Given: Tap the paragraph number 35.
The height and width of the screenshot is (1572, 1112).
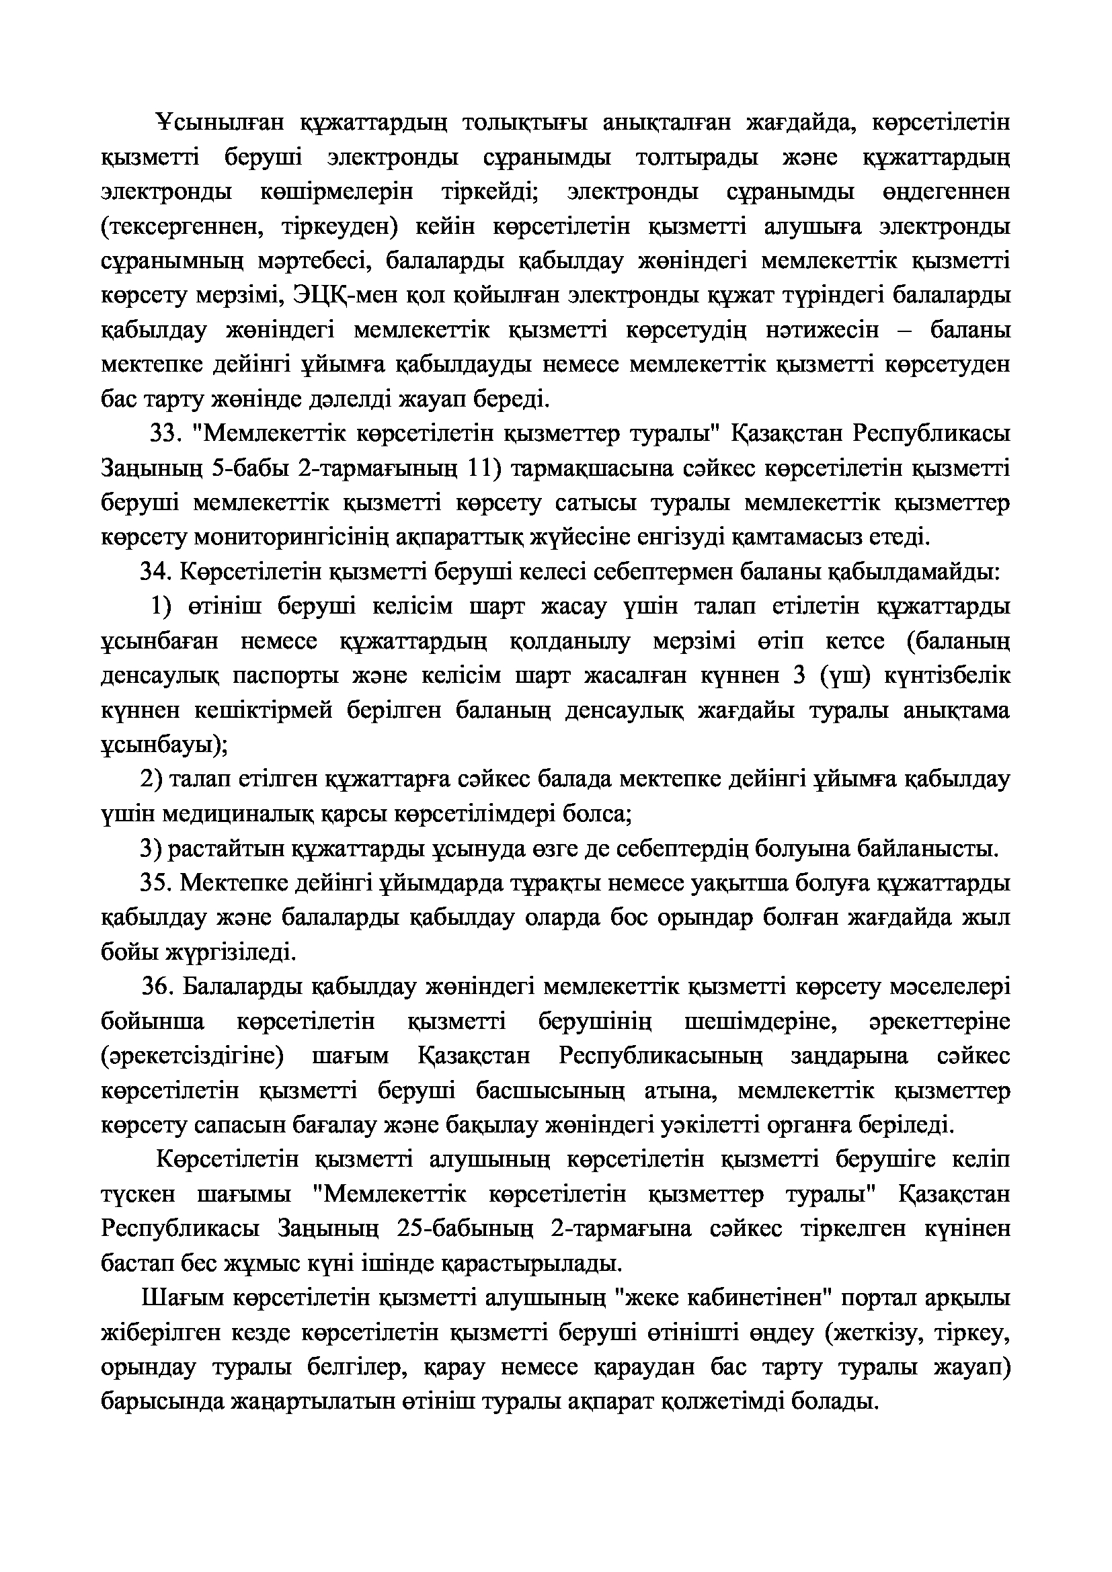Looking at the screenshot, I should click(155, 883).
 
